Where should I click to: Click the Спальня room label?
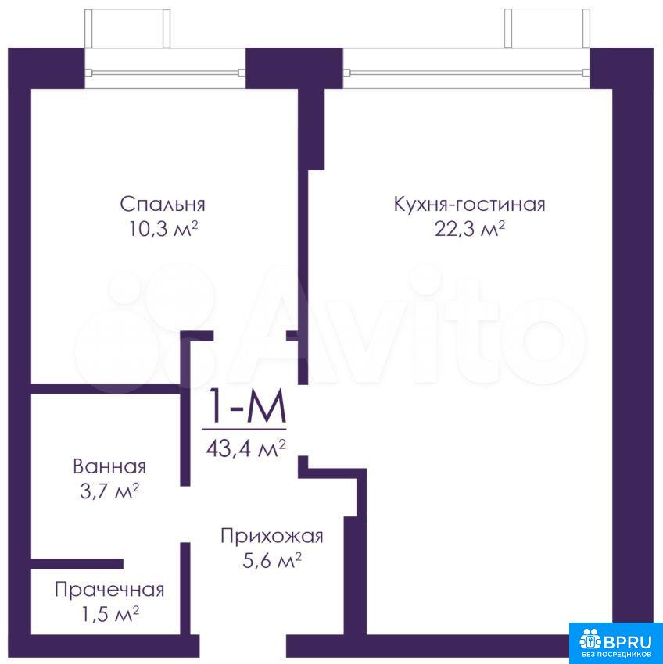163,204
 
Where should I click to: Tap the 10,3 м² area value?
163,230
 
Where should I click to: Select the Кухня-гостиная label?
469,204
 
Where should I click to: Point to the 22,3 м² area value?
470,230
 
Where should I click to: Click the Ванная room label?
109,466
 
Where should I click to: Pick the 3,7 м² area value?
109,491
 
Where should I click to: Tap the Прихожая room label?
272,536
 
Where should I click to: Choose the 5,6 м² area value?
272,561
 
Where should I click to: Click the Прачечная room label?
109,590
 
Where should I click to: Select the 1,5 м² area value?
110,615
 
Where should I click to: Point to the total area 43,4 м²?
245,448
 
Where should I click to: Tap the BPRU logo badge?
615,643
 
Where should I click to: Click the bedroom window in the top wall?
165,73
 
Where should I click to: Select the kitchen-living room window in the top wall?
466,73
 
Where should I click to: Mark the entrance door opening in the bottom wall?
243,645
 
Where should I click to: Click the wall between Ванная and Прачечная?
77,564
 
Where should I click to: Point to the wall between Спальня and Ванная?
106,389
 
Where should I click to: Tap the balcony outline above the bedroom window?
127,28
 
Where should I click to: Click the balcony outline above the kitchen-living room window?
547,28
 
